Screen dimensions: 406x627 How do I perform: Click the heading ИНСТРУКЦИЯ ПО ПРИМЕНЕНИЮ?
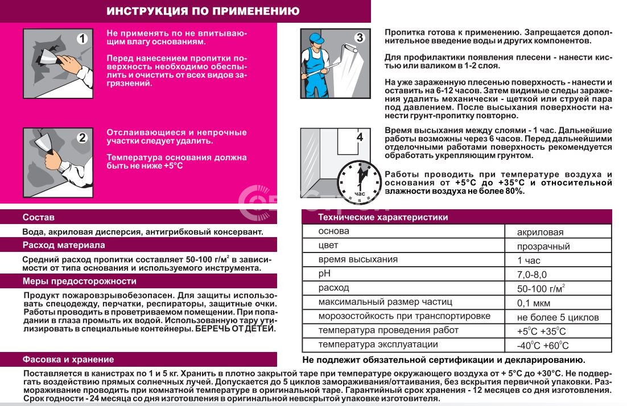(x=203, y=11)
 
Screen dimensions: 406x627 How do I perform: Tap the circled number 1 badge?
(x=83, y=39)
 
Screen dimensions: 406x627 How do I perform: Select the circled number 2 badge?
(x=82, y=137)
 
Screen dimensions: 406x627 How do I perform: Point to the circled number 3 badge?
(x=359, y=38)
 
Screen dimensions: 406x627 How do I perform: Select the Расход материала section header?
(x=64, y=245)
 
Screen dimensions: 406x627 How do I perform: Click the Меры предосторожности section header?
(x=80, y=281)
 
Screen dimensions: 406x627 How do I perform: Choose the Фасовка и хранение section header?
(x=68, y=359)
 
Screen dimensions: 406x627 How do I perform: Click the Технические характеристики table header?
(x=383, y=217)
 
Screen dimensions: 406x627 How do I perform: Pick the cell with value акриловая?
(x=541, y=232)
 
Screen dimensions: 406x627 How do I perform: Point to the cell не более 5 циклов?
(x=558, y=317)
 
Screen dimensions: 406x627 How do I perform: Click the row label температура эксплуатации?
(x=378, y=345)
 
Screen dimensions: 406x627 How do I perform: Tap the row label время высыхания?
(x=358, y=260)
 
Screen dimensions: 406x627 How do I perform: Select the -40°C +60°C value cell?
(x=543, y=345)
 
